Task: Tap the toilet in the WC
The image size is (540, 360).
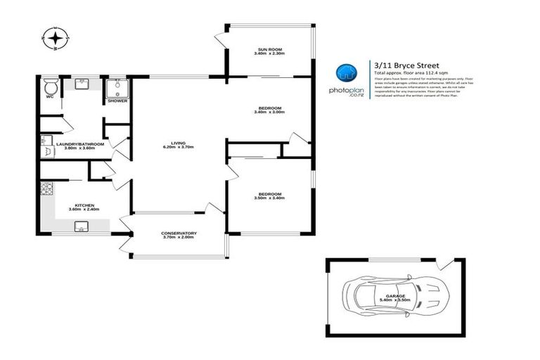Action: click(50, 87)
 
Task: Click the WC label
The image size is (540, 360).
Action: click(50, 97)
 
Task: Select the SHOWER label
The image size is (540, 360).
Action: click(117, 101)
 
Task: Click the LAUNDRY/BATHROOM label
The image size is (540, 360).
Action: click(79, 144)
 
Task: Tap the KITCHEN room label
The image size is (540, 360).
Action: click(84, 205)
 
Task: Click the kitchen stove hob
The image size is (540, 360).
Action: click(47, 188)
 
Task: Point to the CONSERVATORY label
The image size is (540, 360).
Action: click(179, 233)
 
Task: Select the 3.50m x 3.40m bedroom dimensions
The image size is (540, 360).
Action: click(270, 198)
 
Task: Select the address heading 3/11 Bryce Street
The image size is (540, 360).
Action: click(406, 65)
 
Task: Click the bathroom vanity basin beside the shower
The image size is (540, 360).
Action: click(82, 84)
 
